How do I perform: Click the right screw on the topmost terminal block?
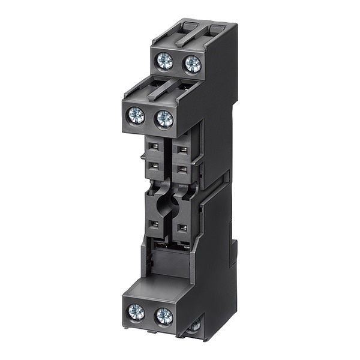point(193,64)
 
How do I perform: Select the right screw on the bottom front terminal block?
point(163,315)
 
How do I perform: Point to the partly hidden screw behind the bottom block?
point(194,326)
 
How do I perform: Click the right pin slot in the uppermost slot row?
point(183,149)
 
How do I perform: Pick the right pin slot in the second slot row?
point(183,169)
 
